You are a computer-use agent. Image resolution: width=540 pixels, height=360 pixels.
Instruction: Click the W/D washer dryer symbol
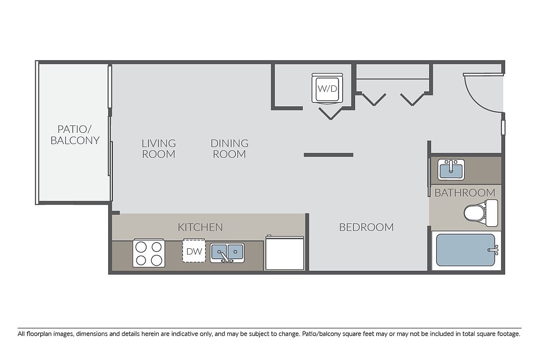click(x=327, y=88)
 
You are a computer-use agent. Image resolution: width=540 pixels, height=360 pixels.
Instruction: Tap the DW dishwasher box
click(x=194, y=250)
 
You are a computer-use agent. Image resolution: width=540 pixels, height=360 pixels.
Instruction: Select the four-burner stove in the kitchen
click(x=149, y=253)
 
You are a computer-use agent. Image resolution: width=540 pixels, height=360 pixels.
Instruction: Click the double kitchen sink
click(x=227, y=252)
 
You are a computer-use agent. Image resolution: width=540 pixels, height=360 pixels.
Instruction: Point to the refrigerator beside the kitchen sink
click(x=284, y=253)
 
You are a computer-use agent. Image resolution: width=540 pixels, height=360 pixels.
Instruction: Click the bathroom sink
click(x=451, y=169)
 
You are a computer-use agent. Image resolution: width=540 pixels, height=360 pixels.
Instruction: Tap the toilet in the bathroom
click(x=481, y=213)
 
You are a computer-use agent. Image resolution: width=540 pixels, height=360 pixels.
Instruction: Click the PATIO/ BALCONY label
click(x=75, y=134)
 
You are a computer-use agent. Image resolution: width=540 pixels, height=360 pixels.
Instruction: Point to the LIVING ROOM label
click(x=159, y=148)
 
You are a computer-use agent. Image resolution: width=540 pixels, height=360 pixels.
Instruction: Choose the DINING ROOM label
click(x=229, y=148)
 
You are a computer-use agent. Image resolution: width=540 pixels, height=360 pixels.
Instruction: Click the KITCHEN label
click(x=200, y=227)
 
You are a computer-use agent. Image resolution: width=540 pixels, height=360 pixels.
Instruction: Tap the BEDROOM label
click(x=367, y=227)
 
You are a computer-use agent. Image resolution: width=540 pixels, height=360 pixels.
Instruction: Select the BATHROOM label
click(x=465, y=192)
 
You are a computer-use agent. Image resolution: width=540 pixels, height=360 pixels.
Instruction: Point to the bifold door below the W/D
click(x=331, y=113)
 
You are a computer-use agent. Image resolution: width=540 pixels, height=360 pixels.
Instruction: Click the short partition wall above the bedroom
click(x=329, y=155)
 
